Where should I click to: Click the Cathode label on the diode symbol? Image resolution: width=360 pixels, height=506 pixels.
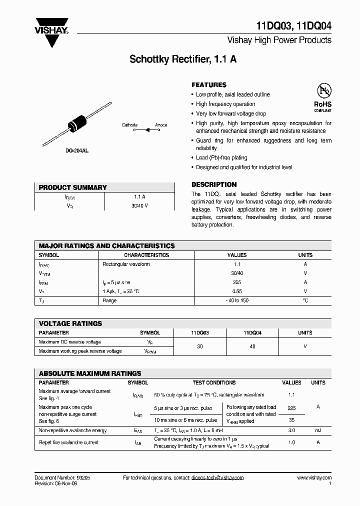[x=129, y=125]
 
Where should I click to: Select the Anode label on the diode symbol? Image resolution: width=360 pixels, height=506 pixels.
[x=161, y=125]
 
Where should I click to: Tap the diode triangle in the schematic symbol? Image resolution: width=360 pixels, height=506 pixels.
[x=147, y=130]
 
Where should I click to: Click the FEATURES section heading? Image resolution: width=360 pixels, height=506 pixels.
[x=209, y=85]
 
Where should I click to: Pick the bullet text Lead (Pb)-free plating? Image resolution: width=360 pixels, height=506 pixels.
[x=222, y=158]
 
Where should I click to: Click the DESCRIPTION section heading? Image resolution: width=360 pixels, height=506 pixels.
[x=214, y=184]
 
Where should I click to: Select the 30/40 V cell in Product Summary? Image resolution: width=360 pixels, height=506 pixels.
[x=139, y=205]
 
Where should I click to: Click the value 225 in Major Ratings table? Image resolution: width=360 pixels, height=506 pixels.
[x=237, y=282]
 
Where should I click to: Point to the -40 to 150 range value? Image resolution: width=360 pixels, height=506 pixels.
[x=237, y=300]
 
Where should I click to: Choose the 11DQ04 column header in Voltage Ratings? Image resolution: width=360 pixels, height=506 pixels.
[x=252, y=332]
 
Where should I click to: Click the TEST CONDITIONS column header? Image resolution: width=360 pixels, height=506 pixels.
[x=214, y=382]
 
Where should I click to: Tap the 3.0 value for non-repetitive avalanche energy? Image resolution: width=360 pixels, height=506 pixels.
[x=291, y=430]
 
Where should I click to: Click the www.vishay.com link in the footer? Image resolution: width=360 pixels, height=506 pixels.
[x=314, y=477]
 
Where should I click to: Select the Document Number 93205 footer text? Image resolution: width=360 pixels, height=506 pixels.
[x=62, y=477]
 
